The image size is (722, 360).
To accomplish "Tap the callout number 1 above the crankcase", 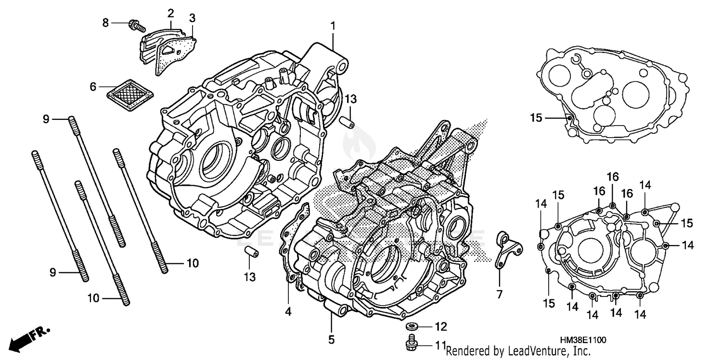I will pos(332,25).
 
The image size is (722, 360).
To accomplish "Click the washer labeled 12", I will pos(412,327).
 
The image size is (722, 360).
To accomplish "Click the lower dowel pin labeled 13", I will pos(250,252).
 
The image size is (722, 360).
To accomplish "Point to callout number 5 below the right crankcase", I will pos(331,339).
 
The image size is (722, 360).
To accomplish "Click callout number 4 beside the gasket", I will pos(288,311).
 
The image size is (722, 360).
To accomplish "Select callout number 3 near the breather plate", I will pos(192,18).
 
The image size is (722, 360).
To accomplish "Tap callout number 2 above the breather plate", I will pos(170,13).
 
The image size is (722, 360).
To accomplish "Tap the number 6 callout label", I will pos(93,87).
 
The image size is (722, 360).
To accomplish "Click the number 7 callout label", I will pos(499,294).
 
